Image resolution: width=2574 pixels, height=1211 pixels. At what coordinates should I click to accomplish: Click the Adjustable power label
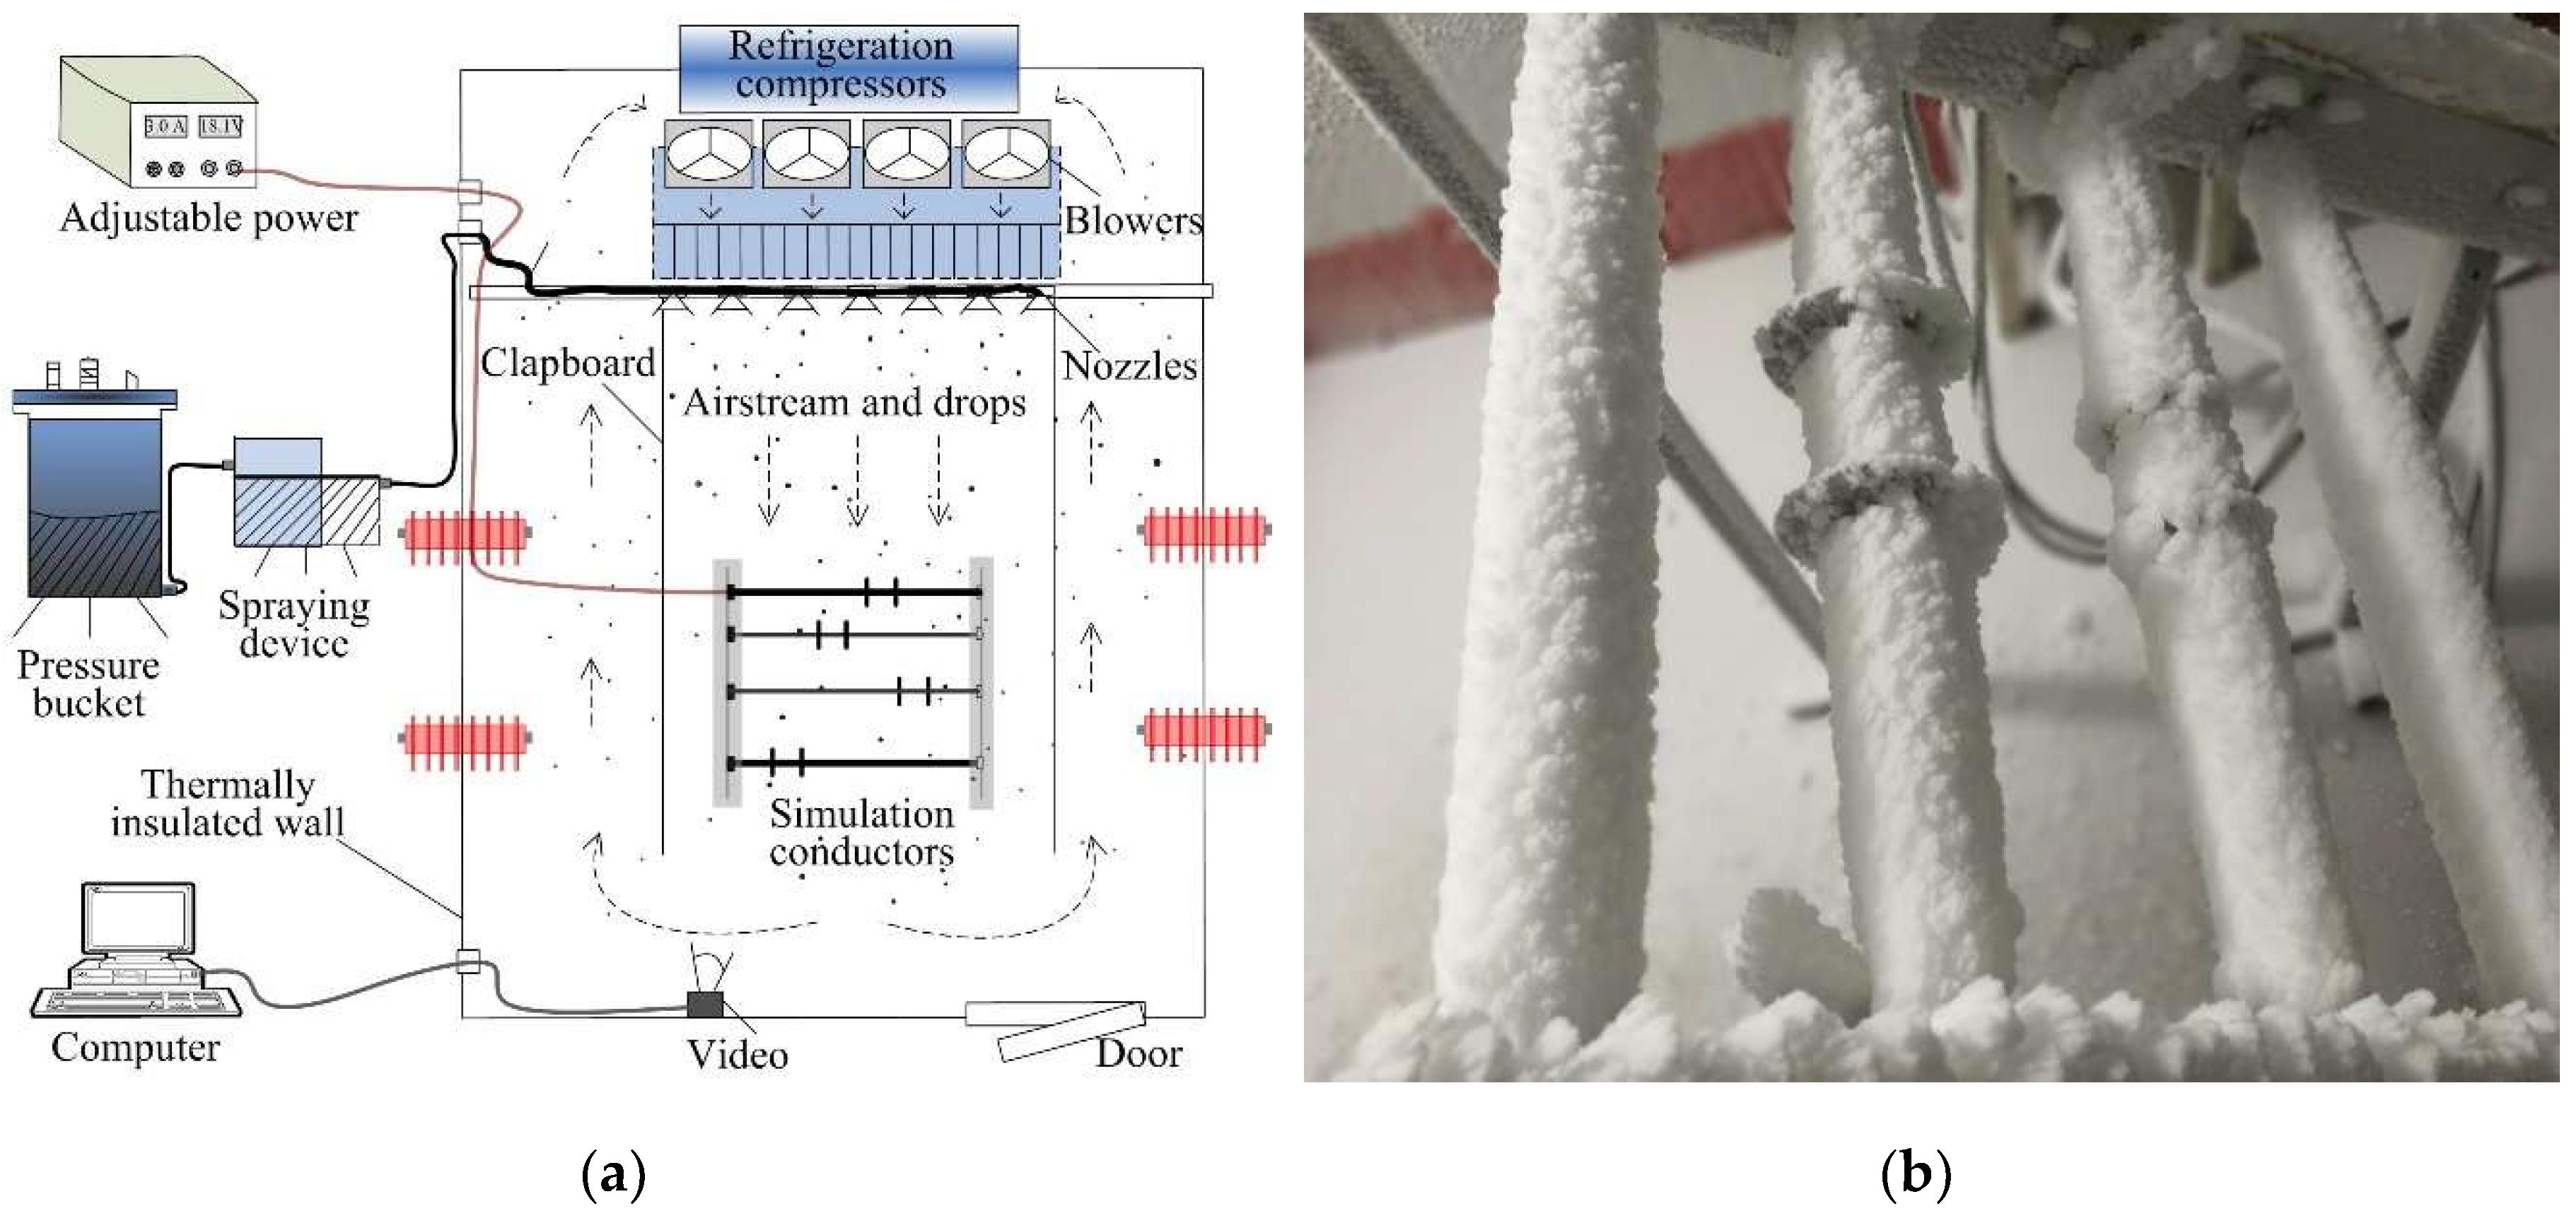coord(209,218)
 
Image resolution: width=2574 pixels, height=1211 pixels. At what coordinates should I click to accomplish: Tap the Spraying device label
coord(293,624)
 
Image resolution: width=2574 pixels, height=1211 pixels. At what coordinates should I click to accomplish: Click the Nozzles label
coord(1129,367)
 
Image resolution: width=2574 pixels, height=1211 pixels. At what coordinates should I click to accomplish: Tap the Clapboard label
coord(568,363)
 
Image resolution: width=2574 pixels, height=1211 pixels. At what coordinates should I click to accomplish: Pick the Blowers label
coord(1133,221)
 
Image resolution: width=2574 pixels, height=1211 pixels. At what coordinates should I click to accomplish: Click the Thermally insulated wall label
coord(228,803)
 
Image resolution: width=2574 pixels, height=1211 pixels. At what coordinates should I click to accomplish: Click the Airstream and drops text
coord(854,403)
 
